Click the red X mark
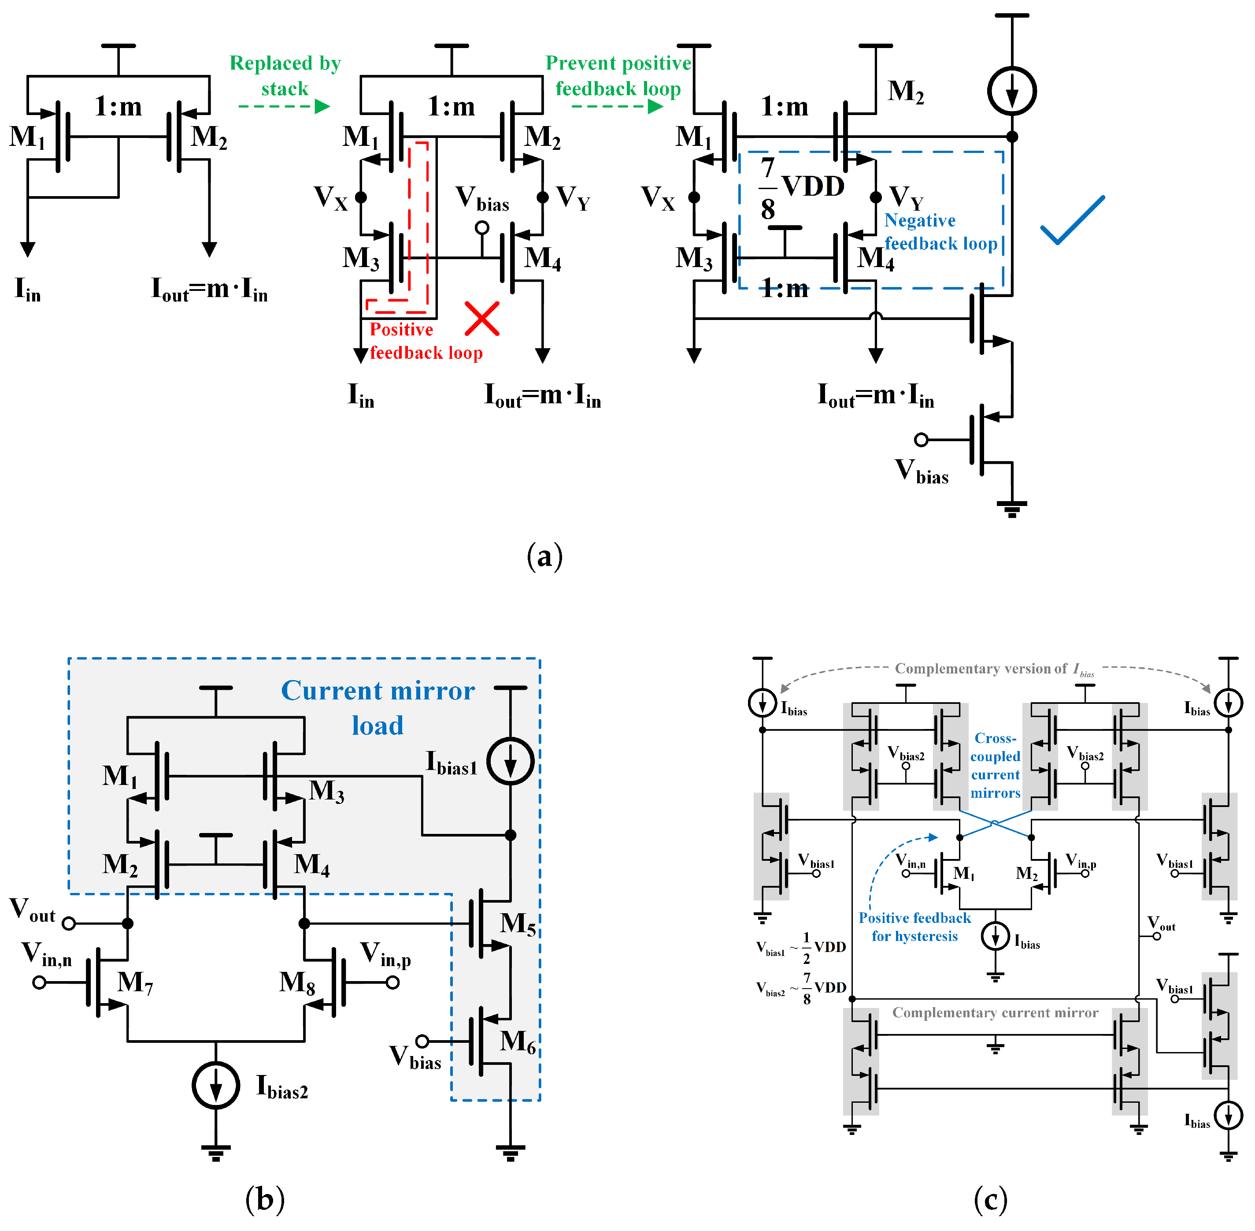click(481, 319)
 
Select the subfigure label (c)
click(990, 1199)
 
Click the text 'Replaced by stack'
click(285, 76)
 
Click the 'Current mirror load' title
click(378, 707)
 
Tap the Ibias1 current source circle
click(511, 761)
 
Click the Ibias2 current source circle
click(216, 1085)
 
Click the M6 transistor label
click(518, 1041)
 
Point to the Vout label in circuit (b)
click(32, 910)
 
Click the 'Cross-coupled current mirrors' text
click(995, 766)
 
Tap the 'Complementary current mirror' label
click(995, 1012)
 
